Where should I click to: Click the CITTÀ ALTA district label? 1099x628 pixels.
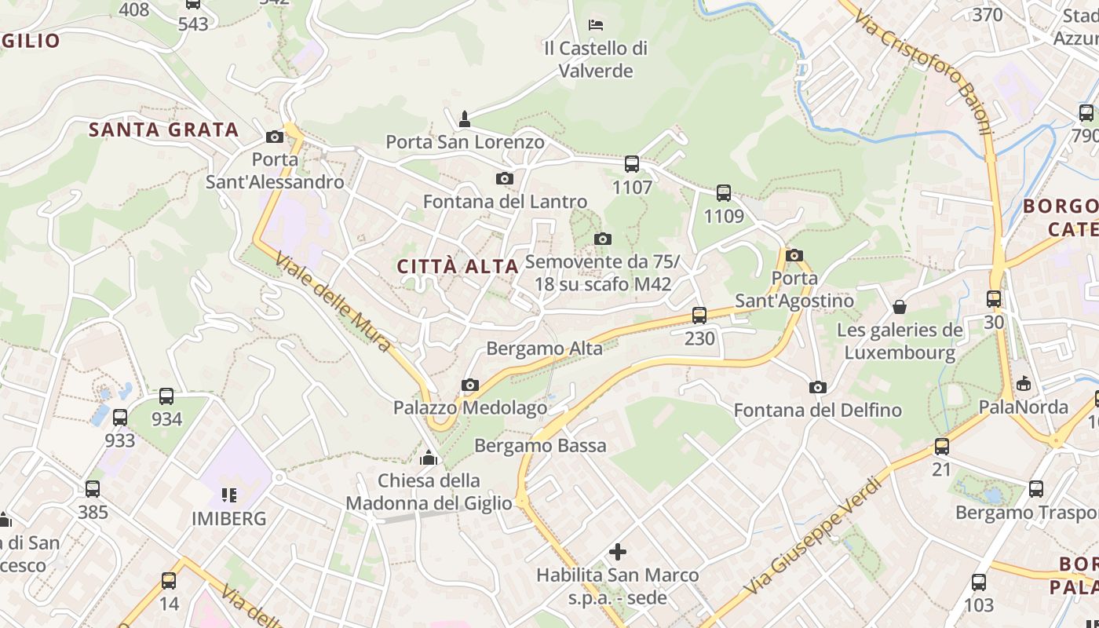coord(458,266)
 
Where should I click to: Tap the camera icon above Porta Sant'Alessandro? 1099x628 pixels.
coord(275,137)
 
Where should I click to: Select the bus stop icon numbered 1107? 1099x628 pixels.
coord(632,164)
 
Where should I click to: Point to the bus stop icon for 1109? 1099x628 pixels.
coord(724,193)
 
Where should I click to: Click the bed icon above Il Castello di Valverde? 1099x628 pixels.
coord(596,25)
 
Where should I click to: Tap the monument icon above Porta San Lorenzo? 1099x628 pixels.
coord(465,119)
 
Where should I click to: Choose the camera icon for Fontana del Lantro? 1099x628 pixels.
coord(505,179)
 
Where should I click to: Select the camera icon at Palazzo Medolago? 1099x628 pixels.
coord(470,385)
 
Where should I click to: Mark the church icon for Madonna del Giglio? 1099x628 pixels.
coord(429,457)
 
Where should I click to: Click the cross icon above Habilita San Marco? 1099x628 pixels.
coord(618,552)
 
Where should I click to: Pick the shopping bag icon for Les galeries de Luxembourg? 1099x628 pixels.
coord(900,306)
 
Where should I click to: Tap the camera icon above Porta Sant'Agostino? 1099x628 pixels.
coord(794,255)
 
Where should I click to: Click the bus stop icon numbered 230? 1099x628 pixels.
coord(699,316)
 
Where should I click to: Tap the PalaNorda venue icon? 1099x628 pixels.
coord(1024,384)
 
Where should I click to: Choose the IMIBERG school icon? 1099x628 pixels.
coord(229,495)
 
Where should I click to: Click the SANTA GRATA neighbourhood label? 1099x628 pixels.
coord(163,130)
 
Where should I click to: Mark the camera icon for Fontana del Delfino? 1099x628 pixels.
coord(818,387)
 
